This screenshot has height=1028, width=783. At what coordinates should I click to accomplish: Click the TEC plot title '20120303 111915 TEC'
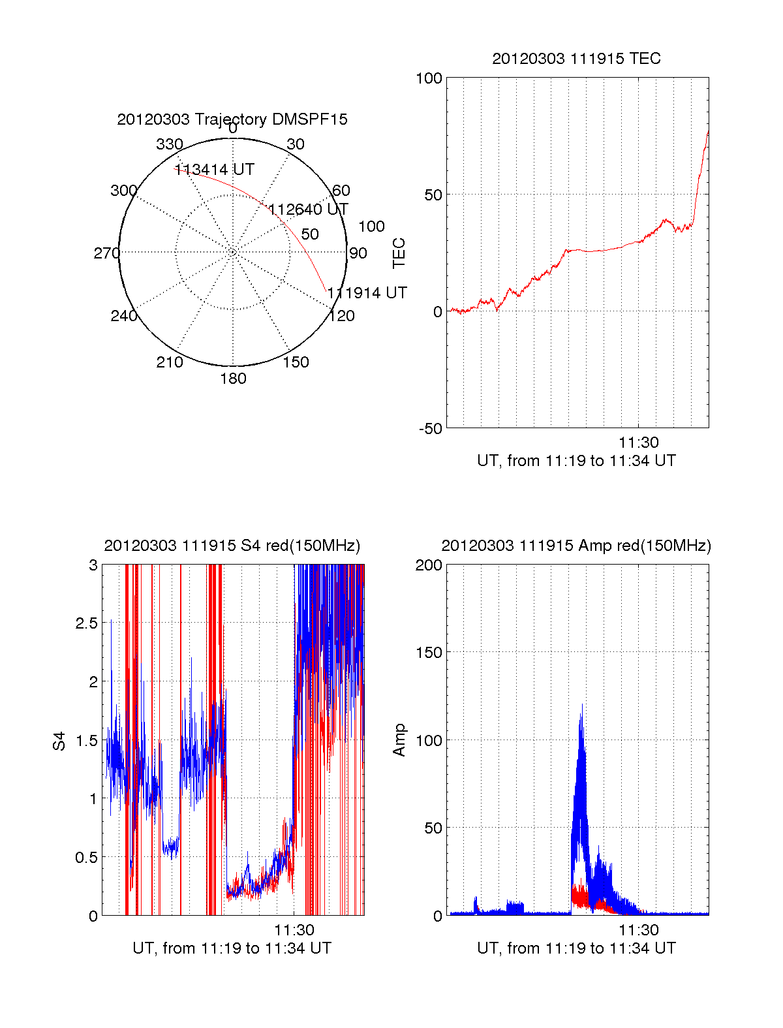[x=576, y=59]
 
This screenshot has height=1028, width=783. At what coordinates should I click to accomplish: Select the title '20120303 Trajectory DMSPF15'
[x=232, y=119]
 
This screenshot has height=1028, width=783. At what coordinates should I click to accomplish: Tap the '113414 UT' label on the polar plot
[x=214, y=170]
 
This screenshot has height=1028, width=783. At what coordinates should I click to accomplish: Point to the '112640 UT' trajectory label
[x=309, y=210]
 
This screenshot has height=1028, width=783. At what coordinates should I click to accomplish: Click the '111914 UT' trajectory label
[x=367, y=293]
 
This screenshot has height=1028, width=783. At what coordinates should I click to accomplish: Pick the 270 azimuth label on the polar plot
[x=106, y=253]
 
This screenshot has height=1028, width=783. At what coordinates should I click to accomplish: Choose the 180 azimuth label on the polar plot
[x=233, y=379]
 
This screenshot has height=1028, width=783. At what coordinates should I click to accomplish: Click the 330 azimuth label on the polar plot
[x=170, y=144]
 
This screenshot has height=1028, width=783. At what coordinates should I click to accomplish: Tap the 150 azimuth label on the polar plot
[x=296, y=362]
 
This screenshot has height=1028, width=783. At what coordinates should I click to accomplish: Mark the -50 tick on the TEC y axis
[x=431, y=429]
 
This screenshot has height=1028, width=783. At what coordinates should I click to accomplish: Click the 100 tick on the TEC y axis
[x=429, y=79]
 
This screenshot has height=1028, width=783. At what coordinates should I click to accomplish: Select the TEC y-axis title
[x=399, y=253]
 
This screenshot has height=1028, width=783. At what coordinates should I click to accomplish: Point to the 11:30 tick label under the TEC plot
[x=639, y=443]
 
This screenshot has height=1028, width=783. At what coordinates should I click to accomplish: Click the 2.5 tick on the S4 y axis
[x=87, y=623]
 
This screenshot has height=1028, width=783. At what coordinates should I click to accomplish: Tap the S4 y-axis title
[x=59, y=741]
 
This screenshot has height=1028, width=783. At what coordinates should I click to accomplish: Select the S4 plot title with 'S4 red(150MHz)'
[x=232, y=546]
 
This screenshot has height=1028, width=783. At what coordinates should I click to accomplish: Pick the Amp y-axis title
[x=399, y=740]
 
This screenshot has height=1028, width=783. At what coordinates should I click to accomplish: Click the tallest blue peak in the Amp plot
[x=581, y=706]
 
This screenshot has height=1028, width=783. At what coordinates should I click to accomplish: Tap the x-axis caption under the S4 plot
[x=232, y=948]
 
